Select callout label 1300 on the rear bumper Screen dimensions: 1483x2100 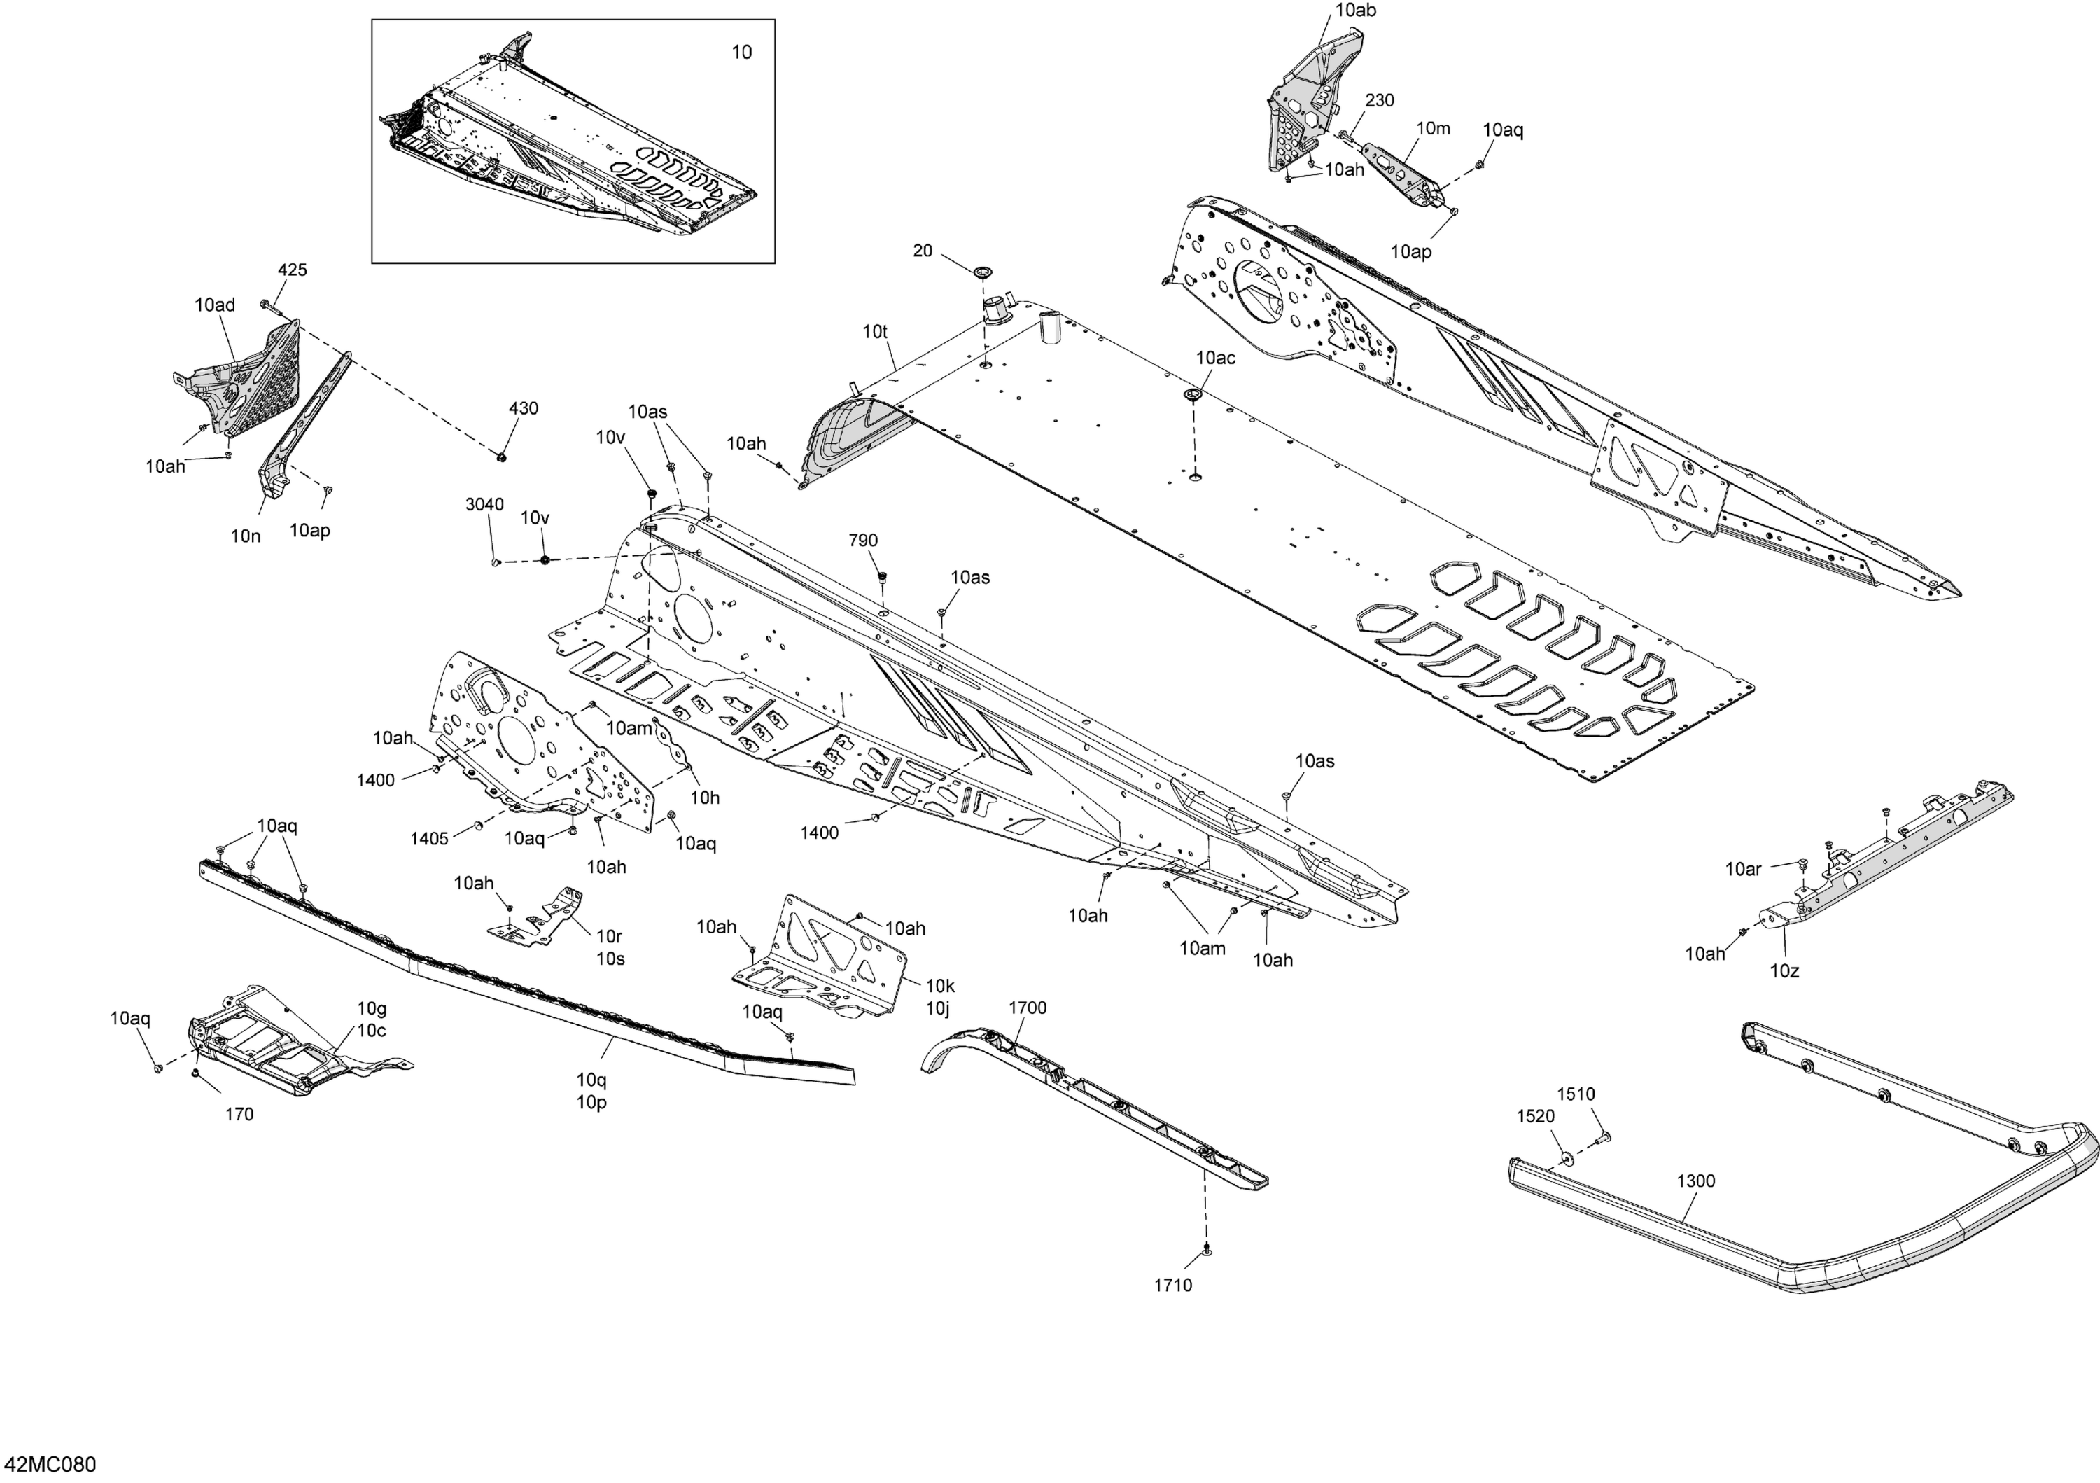pos(1695,1181)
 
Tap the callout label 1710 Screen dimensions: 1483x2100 pos(1172,1286)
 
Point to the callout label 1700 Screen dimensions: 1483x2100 pos(1027,1008)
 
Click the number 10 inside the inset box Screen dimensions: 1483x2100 pos(742,52)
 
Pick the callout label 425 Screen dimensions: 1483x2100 pos(293,270)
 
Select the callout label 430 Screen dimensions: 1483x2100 pos(523,409)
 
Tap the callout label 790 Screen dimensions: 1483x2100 pos(863,541)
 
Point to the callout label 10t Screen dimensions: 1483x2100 pos(875,332)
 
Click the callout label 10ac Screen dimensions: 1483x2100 pos(1215,358)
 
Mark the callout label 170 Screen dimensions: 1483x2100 pos(239,1114)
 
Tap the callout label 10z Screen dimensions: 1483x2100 pos(1784,970)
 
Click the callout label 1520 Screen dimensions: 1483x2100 pos(1536,1116)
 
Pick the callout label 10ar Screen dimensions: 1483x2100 pos(1743,869)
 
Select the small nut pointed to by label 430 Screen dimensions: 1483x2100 pos(501,454)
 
